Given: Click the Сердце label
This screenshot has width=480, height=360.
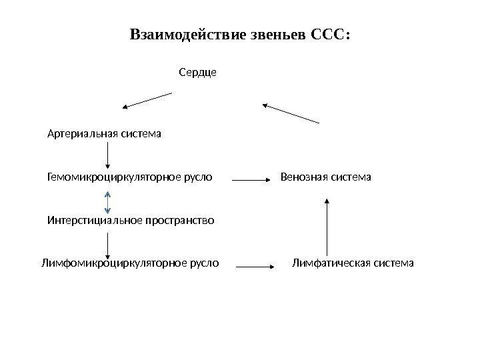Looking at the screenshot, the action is tap(198, 71).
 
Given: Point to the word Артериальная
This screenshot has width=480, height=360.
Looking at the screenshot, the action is tap(80, 133).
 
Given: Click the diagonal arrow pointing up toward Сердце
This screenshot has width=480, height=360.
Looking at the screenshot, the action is tap(291, 113).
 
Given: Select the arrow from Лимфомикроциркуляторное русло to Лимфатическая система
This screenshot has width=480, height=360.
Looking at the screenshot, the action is tap(256, 267).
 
